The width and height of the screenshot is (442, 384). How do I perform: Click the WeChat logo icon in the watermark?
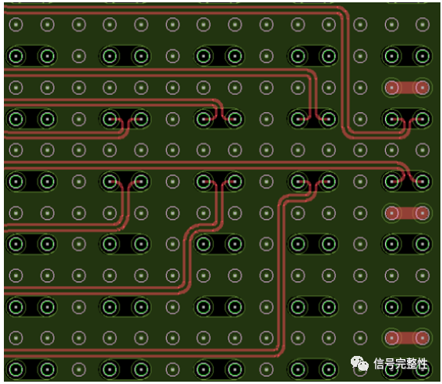[359, 364]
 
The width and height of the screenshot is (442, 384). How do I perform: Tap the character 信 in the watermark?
[380, 364]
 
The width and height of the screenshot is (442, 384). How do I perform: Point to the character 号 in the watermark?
[391, 364]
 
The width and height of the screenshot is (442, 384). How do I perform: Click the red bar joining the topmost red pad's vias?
[407, 87]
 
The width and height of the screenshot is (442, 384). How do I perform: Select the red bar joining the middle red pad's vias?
[407, 213]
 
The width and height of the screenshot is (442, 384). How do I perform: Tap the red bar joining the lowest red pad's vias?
[407, 338]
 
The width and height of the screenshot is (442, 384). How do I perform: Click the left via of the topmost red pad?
[392, 87]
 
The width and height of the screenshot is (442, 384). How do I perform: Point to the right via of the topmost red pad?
[423, 87]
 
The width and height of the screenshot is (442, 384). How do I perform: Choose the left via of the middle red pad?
[392, 213]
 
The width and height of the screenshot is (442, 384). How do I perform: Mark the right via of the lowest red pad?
[423, 338]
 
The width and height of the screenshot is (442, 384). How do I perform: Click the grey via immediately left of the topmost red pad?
[360, 87]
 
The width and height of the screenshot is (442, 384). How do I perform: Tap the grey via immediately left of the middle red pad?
[360, 213]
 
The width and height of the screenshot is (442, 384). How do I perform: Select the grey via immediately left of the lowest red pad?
[360, 338]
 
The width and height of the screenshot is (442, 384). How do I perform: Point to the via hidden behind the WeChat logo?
[360, 369]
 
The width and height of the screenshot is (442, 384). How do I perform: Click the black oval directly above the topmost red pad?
[407, 56]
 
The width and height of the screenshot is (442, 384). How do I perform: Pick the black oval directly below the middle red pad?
[407, 244]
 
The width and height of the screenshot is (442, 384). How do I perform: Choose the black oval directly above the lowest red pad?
[407, 307]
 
